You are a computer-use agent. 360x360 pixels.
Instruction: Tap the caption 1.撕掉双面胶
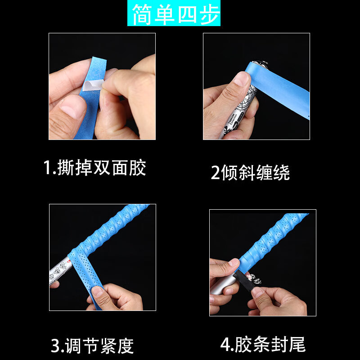(95, 168)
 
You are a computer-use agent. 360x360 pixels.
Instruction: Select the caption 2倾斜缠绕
(250, 173)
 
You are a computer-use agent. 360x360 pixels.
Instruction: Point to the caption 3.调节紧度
(92, 346)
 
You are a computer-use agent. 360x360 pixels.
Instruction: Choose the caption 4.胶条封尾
(263, 345)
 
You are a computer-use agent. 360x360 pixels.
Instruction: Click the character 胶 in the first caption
(137, 168)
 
